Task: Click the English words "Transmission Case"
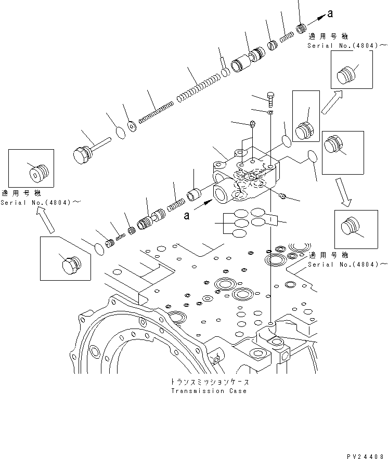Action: pyautogui.click(x=209, y=391)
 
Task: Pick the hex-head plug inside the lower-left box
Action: pyautogui.click(x=69, y=265)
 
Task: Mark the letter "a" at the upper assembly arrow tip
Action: pyautogui.click(x=330, y=14)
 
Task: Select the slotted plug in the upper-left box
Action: pyautogui.click(x=38, y=173)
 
